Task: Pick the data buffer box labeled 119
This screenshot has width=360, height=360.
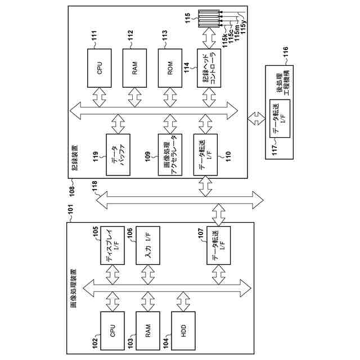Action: (x=118, y=154)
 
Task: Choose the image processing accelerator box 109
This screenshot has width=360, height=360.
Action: (x=170, y=154)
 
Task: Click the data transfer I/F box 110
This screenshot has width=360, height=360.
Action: (x=205, y=154)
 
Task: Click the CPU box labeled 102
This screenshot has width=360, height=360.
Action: (x=112, y=332)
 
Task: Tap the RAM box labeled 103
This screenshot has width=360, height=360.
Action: (x=148, y=332)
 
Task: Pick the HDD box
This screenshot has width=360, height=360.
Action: (x=183, y=332)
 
